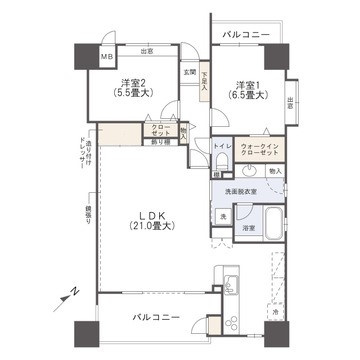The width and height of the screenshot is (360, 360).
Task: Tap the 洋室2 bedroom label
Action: point(131,84)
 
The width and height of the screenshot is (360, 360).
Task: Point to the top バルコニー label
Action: point(247,35)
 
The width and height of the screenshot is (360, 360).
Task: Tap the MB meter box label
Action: point(106,58)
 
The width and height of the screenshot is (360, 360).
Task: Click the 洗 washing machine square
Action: point(225,216)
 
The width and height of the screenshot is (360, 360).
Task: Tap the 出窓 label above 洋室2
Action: point(147,51)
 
